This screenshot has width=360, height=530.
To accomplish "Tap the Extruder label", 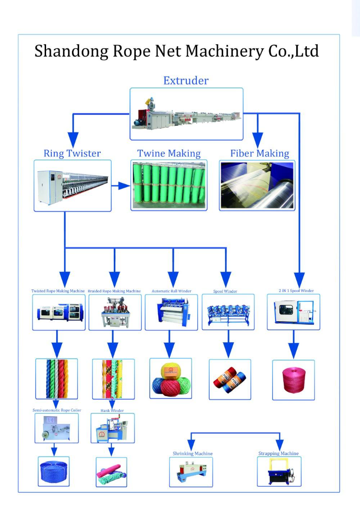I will pos(186,81).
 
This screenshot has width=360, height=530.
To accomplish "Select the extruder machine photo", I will pos(186,114).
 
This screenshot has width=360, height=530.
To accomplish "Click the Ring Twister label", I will pos(72,154).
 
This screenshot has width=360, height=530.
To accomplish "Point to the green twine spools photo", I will pos(169,185).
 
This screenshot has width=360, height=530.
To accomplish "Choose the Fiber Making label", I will pos(259,154).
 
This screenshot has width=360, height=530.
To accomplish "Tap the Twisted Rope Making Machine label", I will pos(58,291).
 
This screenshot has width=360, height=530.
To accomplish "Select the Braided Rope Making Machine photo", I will pos(115,312).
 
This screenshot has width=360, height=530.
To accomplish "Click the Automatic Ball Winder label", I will pos(171,291).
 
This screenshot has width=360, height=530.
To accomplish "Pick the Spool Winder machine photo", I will pos(228,312).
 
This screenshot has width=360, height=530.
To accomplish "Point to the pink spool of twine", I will pos(293,380).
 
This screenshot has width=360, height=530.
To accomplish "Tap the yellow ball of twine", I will pos(170,370).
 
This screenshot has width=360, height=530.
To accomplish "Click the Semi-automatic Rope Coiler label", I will pos(57,410).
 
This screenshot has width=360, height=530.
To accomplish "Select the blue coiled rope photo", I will pos(54,471).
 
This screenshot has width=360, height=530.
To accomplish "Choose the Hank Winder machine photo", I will pos(112,428).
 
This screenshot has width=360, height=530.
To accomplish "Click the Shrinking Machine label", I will pos(192,453).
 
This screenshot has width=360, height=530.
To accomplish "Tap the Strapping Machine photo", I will pos(279,471).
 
